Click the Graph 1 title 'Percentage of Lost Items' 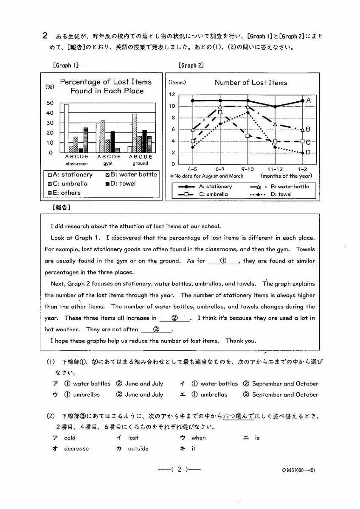pyautogui.click(x=105, y=82)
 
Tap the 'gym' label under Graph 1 pyautogui.click(x=107, y=163)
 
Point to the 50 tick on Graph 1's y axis pyautogui.click(x=50, y=103)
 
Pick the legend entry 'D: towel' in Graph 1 pyautogui.click(x=120, y=184)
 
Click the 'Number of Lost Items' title pyautogui.click(x=250, y=83)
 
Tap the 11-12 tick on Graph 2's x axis pyautogui.click(x=276, y=168)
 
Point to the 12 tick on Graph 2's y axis pyautogui.click(x=172, y=94)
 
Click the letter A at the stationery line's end pyautogui.click(x=309, y=101)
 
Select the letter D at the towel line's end pyautogui.click(x=309, y=153)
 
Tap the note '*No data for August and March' pyautogui.click(x=206, y=176)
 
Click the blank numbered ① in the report pyautogui.click(x=223, y=261)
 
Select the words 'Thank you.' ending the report pyautogui.click(x=241, y=341)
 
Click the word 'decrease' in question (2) pyautogui.click(x=76, y=449)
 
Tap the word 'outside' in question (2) pyautogui.click(x=138, y=449)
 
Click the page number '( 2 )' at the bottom pyautogui.click(x=180, y=470)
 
